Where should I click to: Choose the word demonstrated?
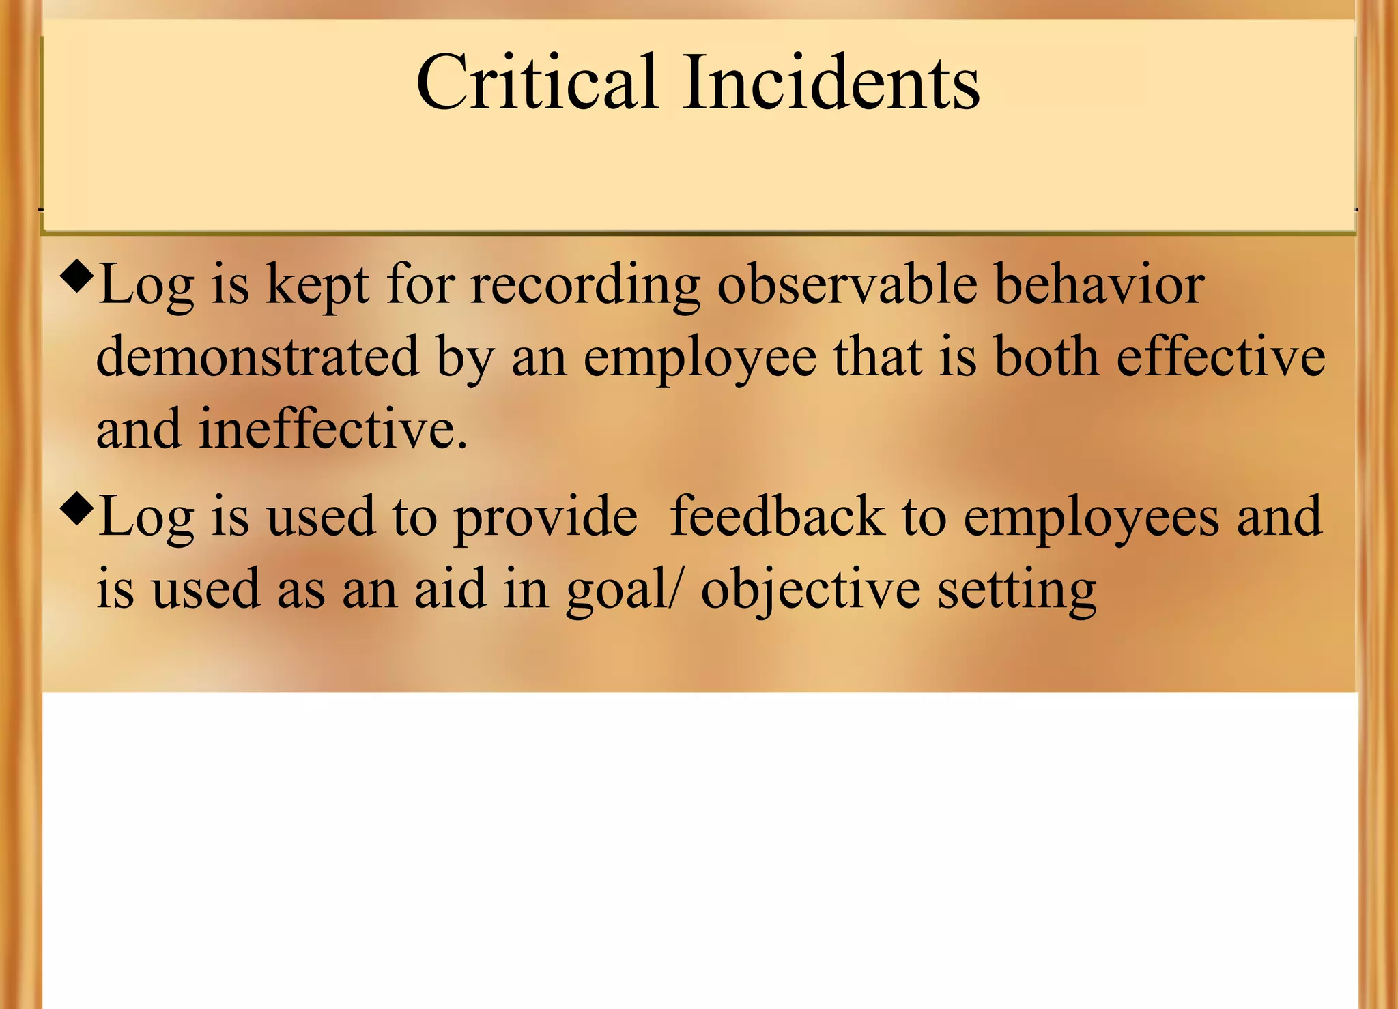coord(257,357)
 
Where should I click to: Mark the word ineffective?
coord(332,430)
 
